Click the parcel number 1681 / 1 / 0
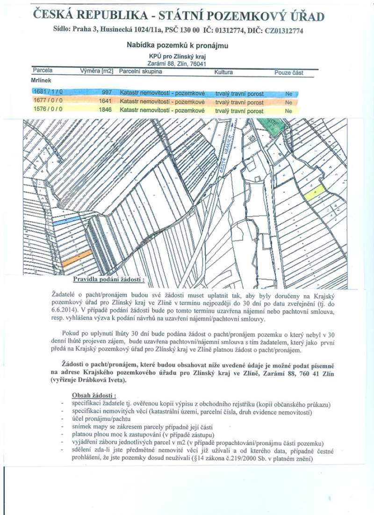[47, 92]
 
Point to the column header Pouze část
[288, 73]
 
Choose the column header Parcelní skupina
[140, 72]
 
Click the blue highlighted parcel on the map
[67, 221]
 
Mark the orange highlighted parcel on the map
[76, 259]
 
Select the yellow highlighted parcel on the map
[315, 192]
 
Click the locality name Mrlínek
[41, 80]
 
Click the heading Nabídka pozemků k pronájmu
[177, 45]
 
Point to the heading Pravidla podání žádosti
[108, 279]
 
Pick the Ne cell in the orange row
[288, 102]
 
